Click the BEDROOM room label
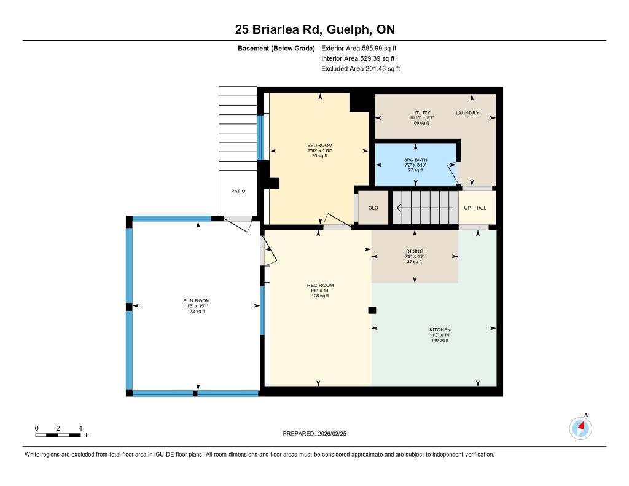tap(319, 145)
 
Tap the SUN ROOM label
tap(197, 300)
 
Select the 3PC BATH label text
tap(416, 160)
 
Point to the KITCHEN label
tap(440, 329)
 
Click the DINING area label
tap(415, 251)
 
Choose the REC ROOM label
tap(320, 285)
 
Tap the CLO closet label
tap(373, 208)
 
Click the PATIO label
tap(238, 191)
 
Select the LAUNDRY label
tap(467, 113)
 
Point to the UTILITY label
tap(421, 113)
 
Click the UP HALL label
tap(475, 208)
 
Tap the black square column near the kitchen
tap(372, 310)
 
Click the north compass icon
tap(580, 428)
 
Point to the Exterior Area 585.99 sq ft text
tap(359, 48)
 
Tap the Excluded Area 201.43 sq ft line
tap(361, 69)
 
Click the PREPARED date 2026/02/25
tap(314, 433)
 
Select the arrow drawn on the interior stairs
tap(425, 208)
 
